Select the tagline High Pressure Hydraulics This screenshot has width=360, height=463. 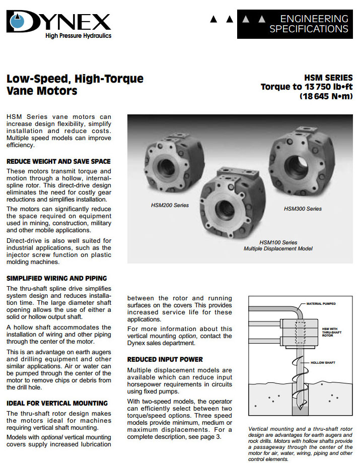[78, 36]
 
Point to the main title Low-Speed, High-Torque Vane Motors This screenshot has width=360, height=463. [75, 85]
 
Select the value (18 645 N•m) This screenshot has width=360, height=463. [326, 96]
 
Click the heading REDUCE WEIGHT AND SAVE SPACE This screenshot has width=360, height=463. [58, 162]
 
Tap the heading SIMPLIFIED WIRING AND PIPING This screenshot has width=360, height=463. [56, 278]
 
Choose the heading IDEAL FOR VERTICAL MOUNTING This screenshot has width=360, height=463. [57, 403]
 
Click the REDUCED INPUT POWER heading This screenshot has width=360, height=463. [165, 359]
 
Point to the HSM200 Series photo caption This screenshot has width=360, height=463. [170, 206]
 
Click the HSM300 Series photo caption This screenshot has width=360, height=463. [303, 209]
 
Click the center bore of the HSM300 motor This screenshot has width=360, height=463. [294, 163]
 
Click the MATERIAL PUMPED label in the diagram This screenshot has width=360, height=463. [321, 304]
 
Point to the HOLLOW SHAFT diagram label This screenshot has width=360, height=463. [323, 363]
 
